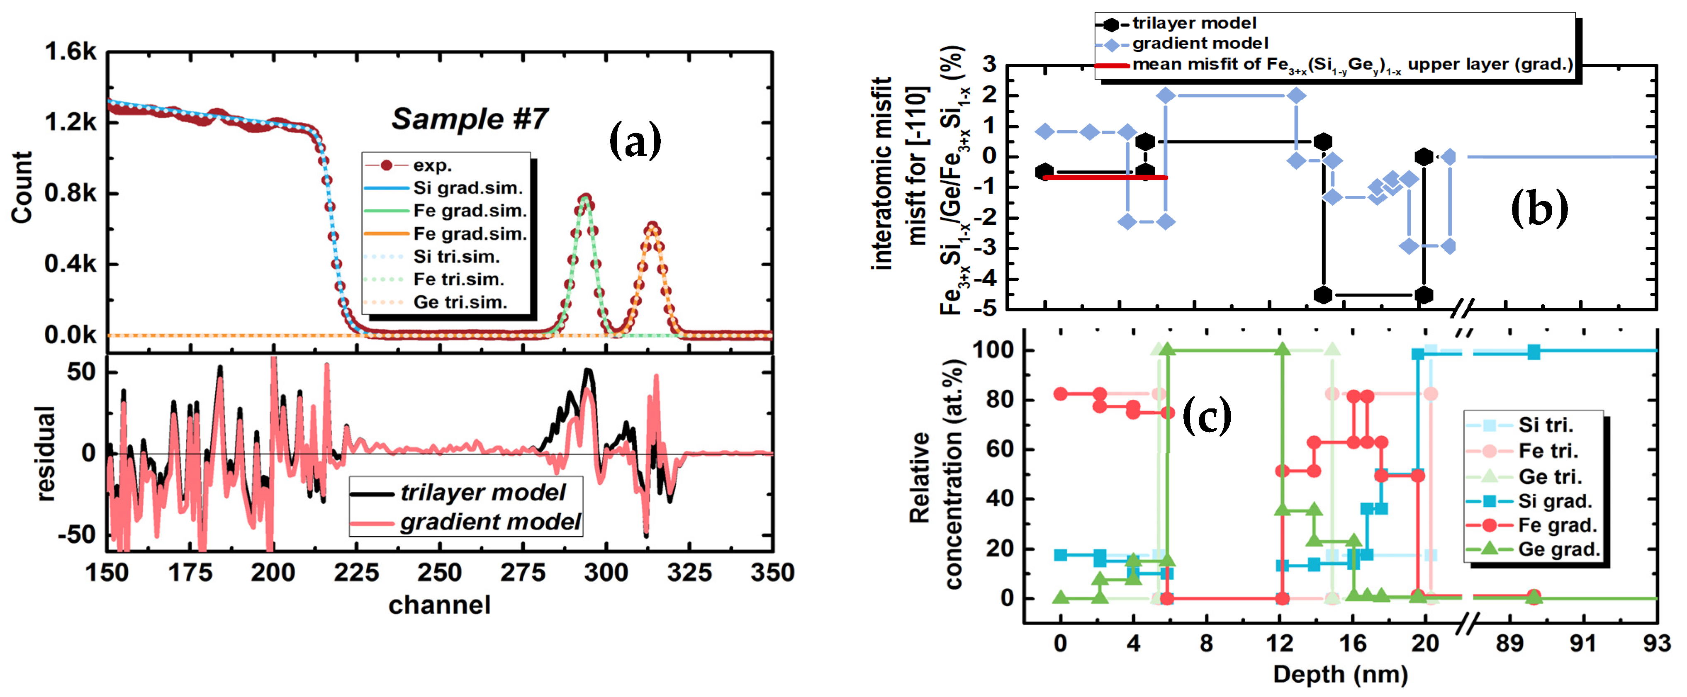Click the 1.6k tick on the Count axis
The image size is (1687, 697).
[x=71, y=51]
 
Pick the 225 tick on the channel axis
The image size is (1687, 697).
[x=356, y=573]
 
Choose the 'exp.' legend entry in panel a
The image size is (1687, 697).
[x=432, y=165]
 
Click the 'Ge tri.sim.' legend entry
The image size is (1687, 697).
[x=460, y=302]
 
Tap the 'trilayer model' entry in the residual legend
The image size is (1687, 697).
[x=483, y=492]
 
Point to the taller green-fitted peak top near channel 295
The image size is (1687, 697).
[x=585, y=199]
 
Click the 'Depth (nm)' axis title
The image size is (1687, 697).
[x=1340, y=674]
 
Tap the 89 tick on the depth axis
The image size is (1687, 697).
[x=1509, y=644]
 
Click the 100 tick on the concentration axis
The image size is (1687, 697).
[x=993, y=350]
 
